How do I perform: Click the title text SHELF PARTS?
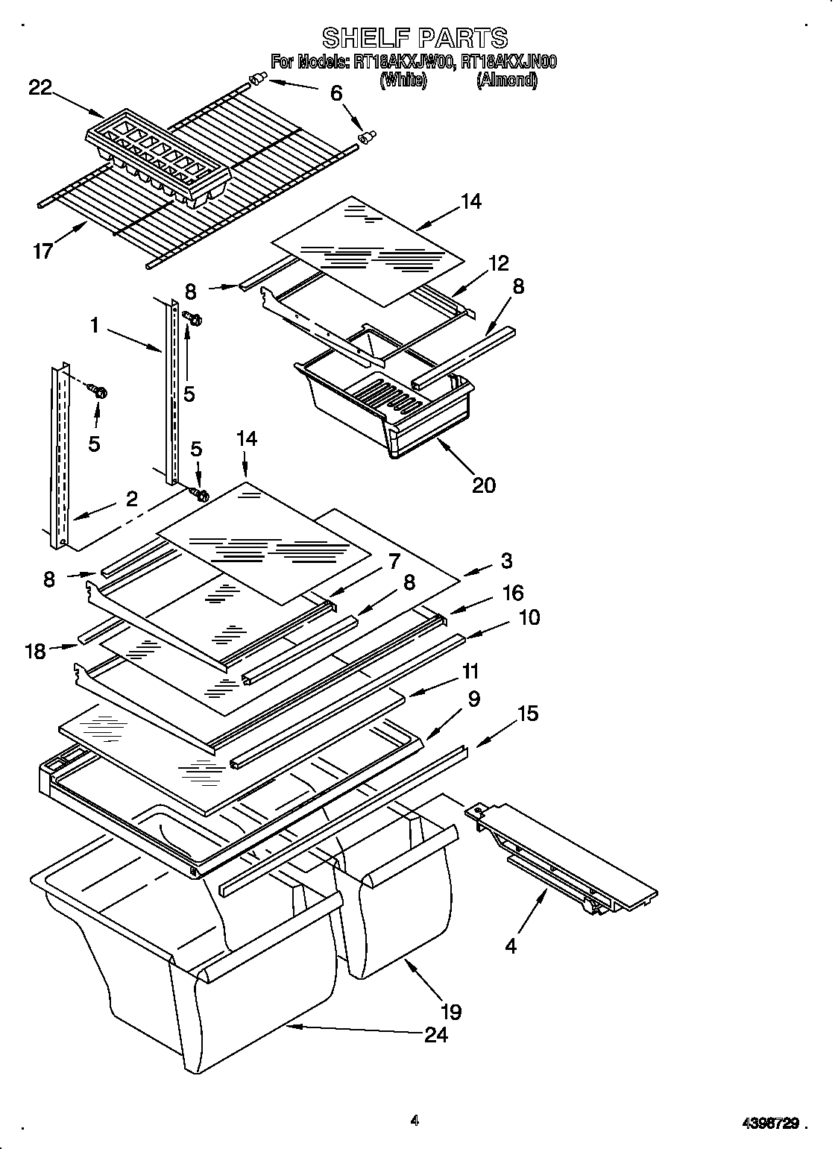tap(415, 37)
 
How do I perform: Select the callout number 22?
tap(40, 88)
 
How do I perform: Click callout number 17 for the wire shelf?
tap(43, 251)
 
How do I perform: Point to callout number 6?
tap(337, 93)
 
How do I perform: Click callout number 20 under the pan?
tap(484, 485)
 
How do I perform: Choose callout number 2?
tap(131, 499)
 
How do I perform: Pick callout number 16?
tap(513, 593)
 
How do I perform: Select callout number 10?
tap(529, 617)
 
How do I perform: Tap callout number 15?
tap(528, 714)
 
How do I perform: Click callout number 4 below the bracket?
tap(510, 946)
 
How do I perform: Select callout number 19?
tap(451, 1011)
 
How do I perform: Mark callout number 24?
tap(436, 1034)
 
